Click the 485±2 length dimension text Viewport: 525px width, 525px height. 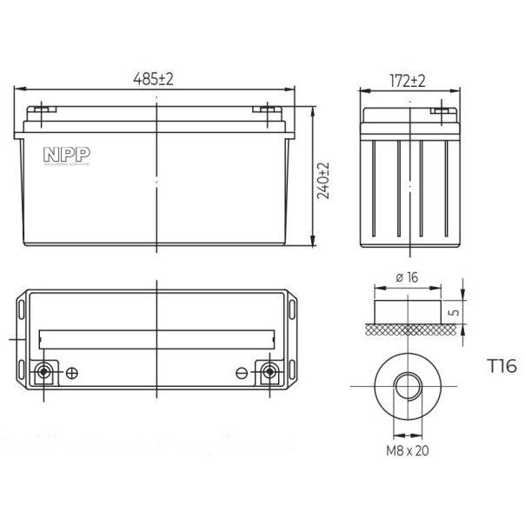tap(156, 78)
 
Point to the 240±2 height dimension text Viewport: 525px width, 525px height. tap(324, 180)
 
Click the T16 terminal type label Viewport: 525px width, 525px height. tap(502, 367)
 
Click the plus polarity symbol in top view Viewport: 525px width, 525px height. tap(72, 374)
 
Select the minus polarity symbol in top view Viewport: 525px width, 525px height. tap(242, 374)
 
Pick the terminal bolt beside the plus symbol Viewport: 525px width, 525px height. tap(43, 374)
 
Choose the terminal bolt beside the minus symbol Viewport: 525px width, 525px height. tap(269, 374)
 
